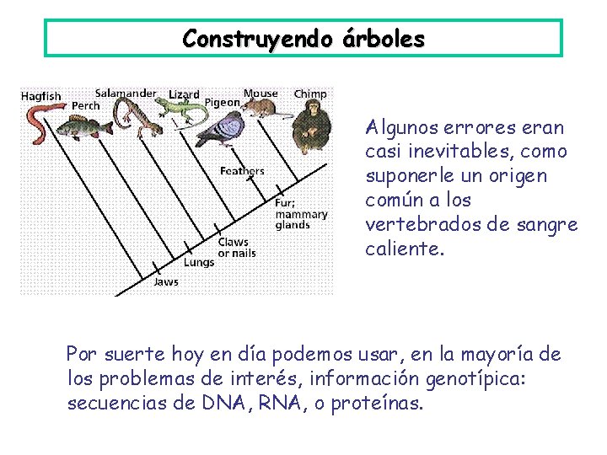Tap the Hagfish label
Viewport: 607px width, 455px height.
40,96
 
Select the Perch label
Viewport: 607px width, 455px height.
85,106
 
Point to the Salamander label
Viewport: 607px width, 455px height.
125,93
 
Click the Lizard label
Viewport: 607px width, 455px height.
184,94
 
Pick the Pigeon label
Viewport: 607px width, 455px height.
223,103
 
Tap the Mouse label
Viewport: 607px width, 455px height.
261,93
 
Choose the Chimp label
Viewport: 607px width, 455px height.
310,93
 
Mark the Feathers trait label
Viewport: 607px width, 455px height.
242,171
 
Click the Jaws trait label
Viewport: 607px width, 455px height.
165,281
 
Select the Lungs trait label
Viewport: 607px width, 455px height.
199,262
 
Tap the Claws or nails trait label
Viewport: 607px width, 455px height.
236,248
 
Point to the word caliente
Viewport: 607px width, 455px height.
397,249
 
